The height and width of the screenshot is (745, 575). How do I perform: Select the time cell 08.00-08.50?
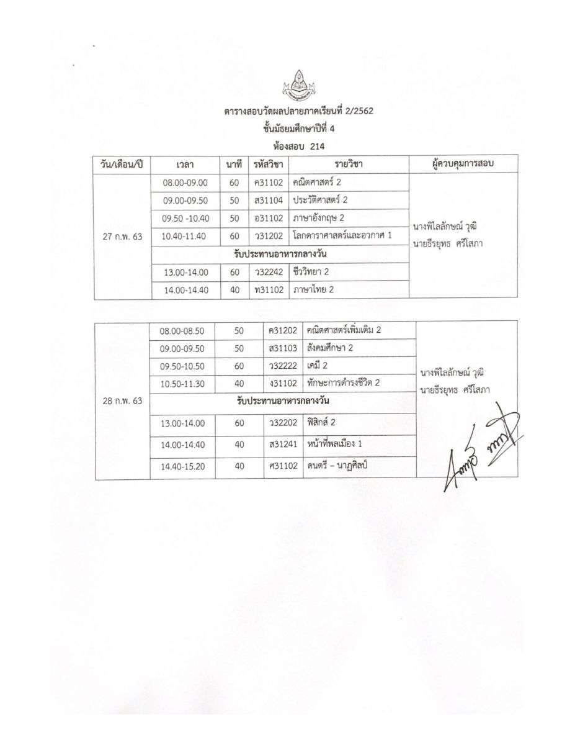(182, 330)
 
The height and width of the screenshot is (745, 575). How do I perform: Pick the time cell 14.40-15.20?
(182, 467)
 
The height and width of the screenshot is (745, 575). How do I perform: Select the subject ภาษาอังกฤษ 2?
(319, 219)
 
